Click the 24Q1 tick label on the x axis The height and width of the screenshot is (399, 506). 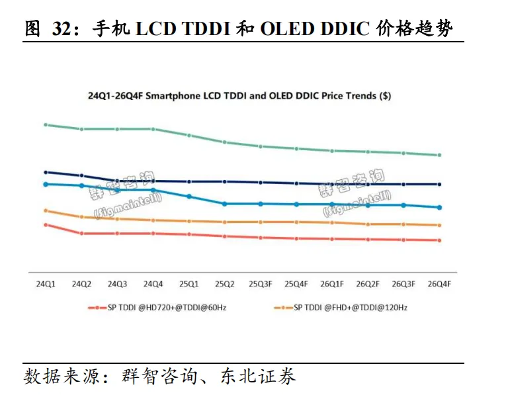click(x=46, y=284)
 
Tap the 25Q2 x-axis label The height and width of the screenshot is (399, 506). click(x=225, y=284)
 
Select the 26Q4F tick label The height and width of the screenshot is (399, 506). click(x=439, y=284)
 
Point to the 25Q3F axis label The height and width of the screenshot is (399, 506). click(x=261, y=284)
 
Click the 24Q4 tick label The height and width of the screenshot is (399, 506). click(x=153, y=284)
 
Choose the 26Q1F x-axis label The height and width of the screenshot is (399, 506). click(x=332, y=284)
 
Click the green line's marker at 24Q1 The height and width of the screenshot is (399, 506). click(x=46, y=124)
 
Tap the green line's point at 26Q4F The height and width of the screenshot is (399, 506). click(x=439, y=155)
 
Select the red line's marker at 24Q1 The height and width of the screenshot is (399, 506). click(x=46, y=225)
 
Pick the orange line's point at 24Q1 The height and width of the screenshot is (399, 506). click(x=46, y=210)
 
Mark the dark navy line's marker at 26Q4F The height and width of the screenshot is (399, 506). click(x=439, y=184)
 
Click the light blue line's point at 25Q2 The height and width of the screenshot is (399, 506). click(x=225, y=204)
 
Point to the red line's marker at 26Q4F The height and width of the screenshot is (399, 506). click(x=439, y=240)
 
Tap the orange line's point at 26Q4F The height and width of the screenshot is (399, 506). click(x=439, y=225)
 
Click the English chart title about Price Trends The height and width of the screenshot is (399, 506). click(x=239, y=95)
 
